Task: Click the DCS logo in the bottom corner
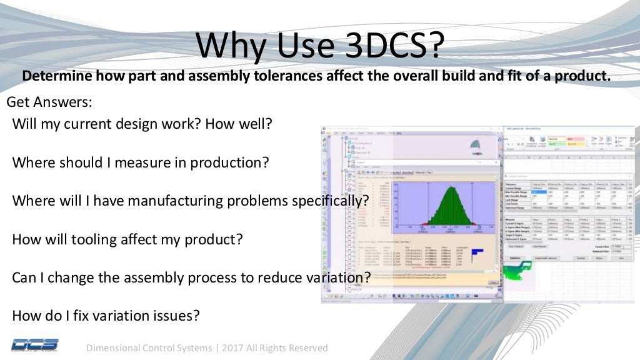[x=34, y=344]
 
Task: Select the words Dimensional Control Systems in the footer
[x=149, y=347]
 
